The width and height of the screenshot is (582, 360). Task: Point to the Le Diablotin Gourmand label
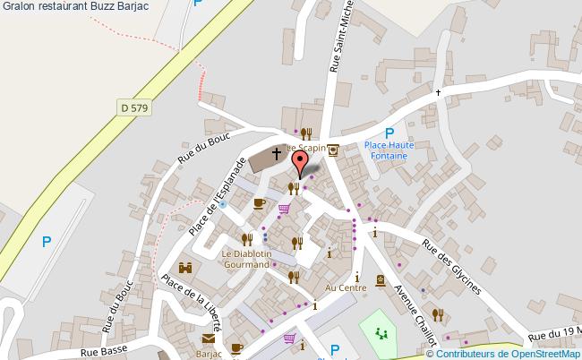click(x=245, y=259)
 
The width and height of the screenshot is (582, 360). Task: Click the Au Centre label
click(x=346, y=287)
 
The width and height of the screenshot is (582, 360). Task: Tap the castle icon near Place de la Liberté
click(x=187, y=268)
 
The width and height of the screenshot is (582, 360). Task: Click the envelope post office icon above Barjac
click(x=209, y=339)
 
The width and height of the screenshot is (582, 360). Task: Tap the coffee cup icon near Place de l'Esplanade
click(x=260, y=203)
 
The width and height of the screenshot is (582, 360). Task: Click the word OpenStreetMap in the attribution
click(x=541, y=353)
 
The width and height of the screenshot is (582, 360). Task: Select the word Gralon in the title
click(x=20, y=7)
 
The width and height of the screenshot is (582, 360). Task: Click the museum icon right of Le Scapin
click(x=333, y=150)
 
